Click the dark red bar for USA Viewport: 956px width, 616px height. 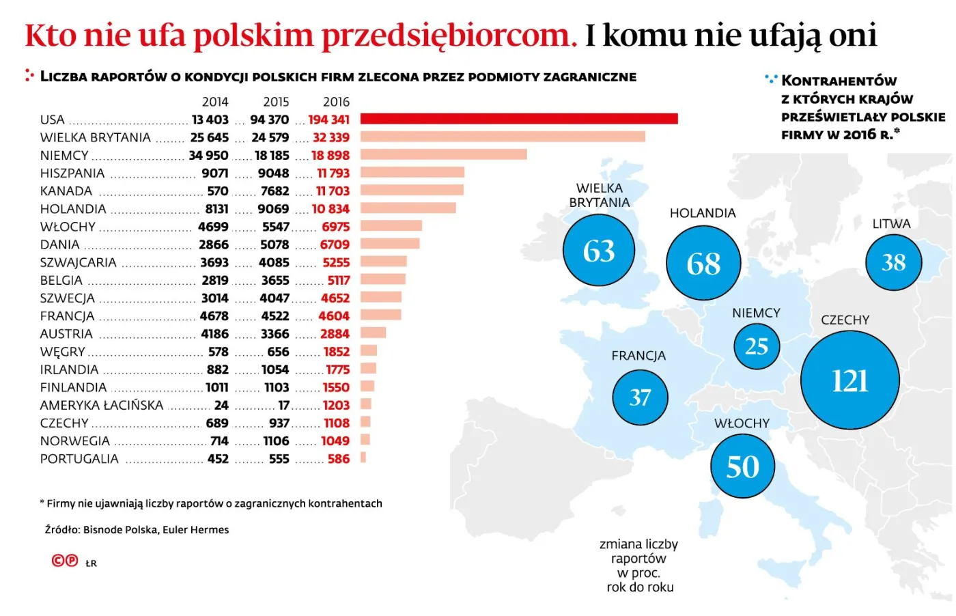[x=519, y=119]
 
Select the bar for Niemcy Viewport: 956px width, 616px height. [x=444, y=154]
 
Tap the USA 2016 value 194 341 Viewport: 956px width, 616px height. [x=328, y=120]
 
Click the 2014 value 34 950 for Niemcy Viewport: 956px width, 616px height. [x=208, y=156]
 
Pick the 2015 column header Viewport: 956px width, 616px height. [x=276, y=102]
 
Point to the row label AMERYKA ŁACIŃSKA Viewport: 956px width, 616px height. [x=102, y=405]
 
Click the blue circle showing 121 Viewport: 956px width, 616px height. [x=849, y=380]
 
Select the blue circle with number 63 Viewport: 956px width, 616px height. [x=599, y=251]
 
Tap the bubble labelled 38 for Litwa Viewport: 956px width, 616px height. [x=893, y=262]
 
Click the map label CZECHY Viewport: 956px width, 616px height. [x=845, y=320]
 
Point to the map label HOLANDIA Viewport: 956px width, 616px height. [x=703, y=213]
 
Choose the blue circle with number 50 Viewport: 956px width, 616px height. [x=742, y=467]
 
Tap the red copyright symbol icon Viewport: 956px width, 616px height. [x=59, y=561]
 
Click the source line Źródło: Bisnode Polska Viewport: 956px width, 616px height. [x=137, y=529]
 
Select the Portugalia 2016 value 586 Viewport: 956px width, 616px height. [x=338, y=459]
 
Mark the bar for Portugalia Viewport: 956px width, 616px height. [x=363, y=458]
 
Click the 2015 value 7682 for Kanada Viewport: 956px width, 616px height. [x=275, y=191]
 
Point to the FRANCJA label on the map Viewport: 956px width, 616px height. [x=638, y=356]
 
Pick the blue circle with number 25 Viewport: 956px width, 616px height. [x=756, y=346]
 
